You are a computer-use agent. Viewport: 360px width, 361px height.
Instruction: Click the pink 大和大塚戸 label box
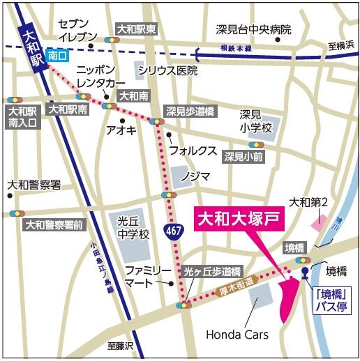(240, 218)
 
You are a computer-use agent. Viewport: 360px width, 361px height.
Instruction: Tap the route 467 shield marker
(174, 231)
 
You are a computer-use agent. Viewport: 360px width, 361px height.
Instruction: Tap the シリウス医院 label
(167, 70)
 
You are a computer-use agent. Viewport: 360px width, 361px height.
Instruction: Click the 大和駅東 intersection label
(137, 29)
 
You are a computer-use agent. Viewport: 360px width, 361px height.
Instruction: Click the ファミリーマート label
(142, 276)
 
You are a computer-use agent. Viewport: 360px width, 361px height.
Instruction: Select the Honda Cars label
(237, 335)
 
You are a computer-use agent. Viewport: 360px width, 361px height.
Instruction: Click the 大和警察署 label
(33, 185)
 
